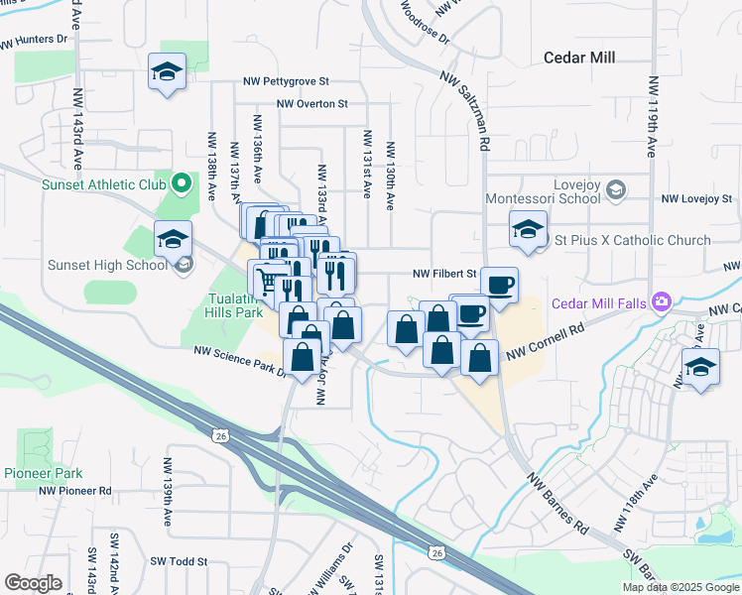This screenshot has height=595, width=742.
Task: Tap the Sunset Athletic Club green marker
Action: tap(182, 183)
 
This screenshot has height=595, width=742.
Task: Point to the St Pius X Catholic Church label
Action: tap(632, 240)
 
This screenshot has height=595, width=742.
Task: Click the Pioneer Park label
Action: tap(42, 473)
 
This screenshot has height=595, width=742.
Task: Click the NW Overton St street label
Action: tap(312, 103)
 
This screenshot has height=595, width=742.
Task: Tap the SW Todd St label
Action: tap(179, 561)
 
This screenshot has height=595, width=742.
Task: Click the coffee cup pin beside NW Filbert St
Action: tap(499, 285)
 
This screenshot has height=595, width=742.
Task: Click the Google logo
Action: tap(33, 583)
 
